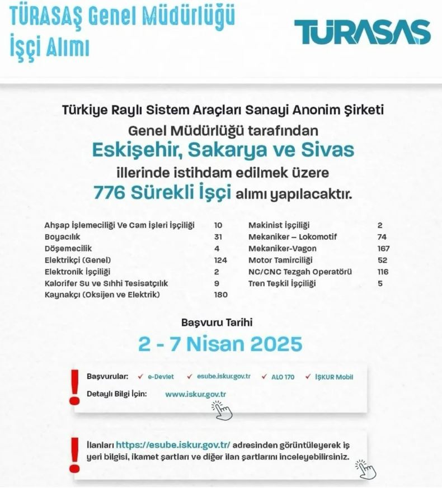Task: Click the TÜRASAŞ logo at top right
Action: [x=363, y=32]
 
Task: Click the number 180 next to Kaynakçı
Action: [x=220, y=295]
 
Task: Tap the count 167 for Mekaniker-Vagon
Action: [x=383, y=249]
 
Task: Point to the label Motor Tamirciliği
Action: [x=280, y=260]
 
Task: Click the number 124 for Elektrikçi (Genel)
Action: [x=221, y=260]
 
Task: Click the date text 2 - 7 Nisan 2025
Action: [x=220, y=344]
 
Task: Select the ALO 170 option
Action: [x=281, y=377]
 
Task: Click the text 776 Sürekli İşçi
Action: [x=162, y=193]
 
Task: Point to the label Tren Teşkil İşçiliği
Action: [x=282, y=284]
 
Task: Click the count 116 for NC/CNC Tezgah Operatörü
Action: [x=383, y=272]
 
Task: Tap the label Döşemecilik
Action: [x=68, y=249]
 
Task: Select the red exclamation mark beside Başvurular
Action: [x=73, y=386]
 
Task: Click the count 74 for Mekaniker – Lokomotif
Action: [x=382, y=237]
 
